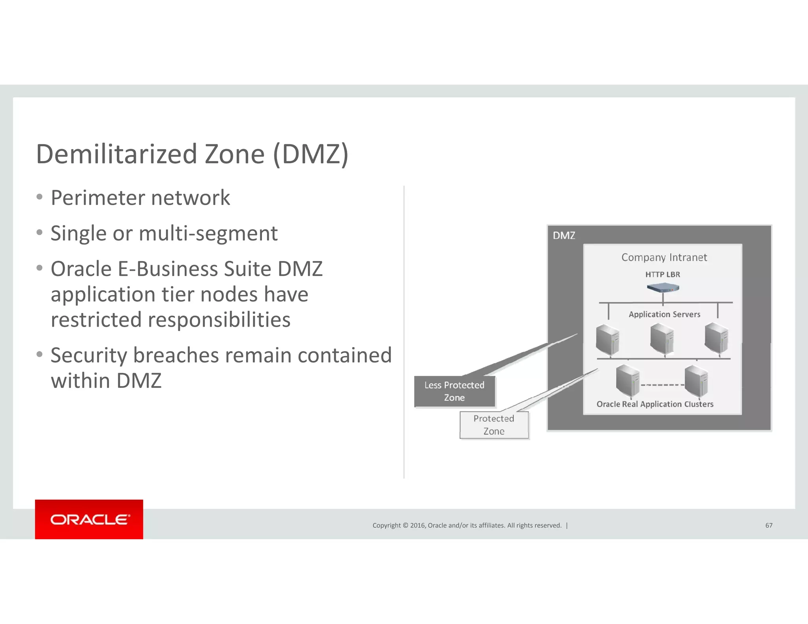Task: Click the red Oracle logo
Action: pyautogui.click(x=89, y=519)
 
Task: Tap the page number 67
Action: pyautogui.click(x=769, y=525)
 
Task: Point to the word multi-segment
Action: pyautogui.click(x=208, y=234)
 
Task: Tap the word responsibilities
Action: pyautogui.click(x=170, y=320)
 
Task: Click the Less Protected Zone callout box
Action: pyautogui.click(x=454, y=391)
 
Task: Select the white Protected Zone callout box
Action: pyautogui.click(x=494, y=425)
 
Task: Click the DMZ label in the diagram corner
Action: pyautogui.click(x=564, y=235)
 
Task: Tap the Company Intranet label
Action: pyautogui.click(x=664, y=258)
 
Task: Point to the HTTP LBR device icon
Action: pyautogui.click(x=663, y=288)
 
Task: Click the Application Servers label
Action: pyautogui.click(x=664, y=314)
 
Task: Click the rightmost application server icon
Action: pyautogui.click(x=716, y=338)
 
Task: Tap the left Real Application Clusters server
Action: pyautogui.click(x=627, y=380)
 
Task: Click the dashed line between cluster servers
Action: pyautogui.click(x=662, y=385)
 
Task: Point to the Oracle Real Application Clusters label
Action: pyautogui.click(x=655, y=404)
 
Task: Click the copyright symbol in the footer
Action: pyautogui.click(x=405, y=525)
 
